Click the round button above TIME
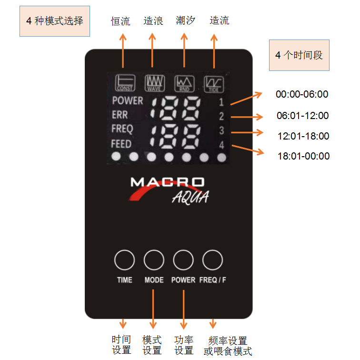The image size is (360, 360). (125, 260)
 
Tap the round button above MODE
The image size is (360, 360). (154, 260)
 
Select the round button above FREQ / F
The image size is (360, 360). (212, 260)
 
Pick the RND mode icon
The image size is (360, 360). (184, 83)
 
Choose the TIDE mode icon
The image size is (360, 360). (214, 83)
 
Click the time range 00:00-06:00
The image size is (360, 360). (302, 94)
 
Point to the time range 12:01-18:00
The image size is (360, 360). (303, 136)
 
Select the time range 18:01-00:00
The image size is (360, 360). (303, 156)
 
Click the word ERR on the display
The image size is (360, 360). (120, 115)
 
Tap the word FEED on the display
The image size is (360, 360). (121, 143)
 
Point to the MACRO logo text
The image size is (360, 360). (167, 182)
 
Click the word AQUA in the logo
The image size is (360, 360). (190, 197)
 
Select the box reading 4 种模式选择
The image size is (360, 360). (55, 21)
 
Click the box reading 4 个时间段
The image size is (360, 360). (299, 55)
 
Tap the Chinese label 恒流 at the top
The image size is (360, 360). (120, 21)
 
